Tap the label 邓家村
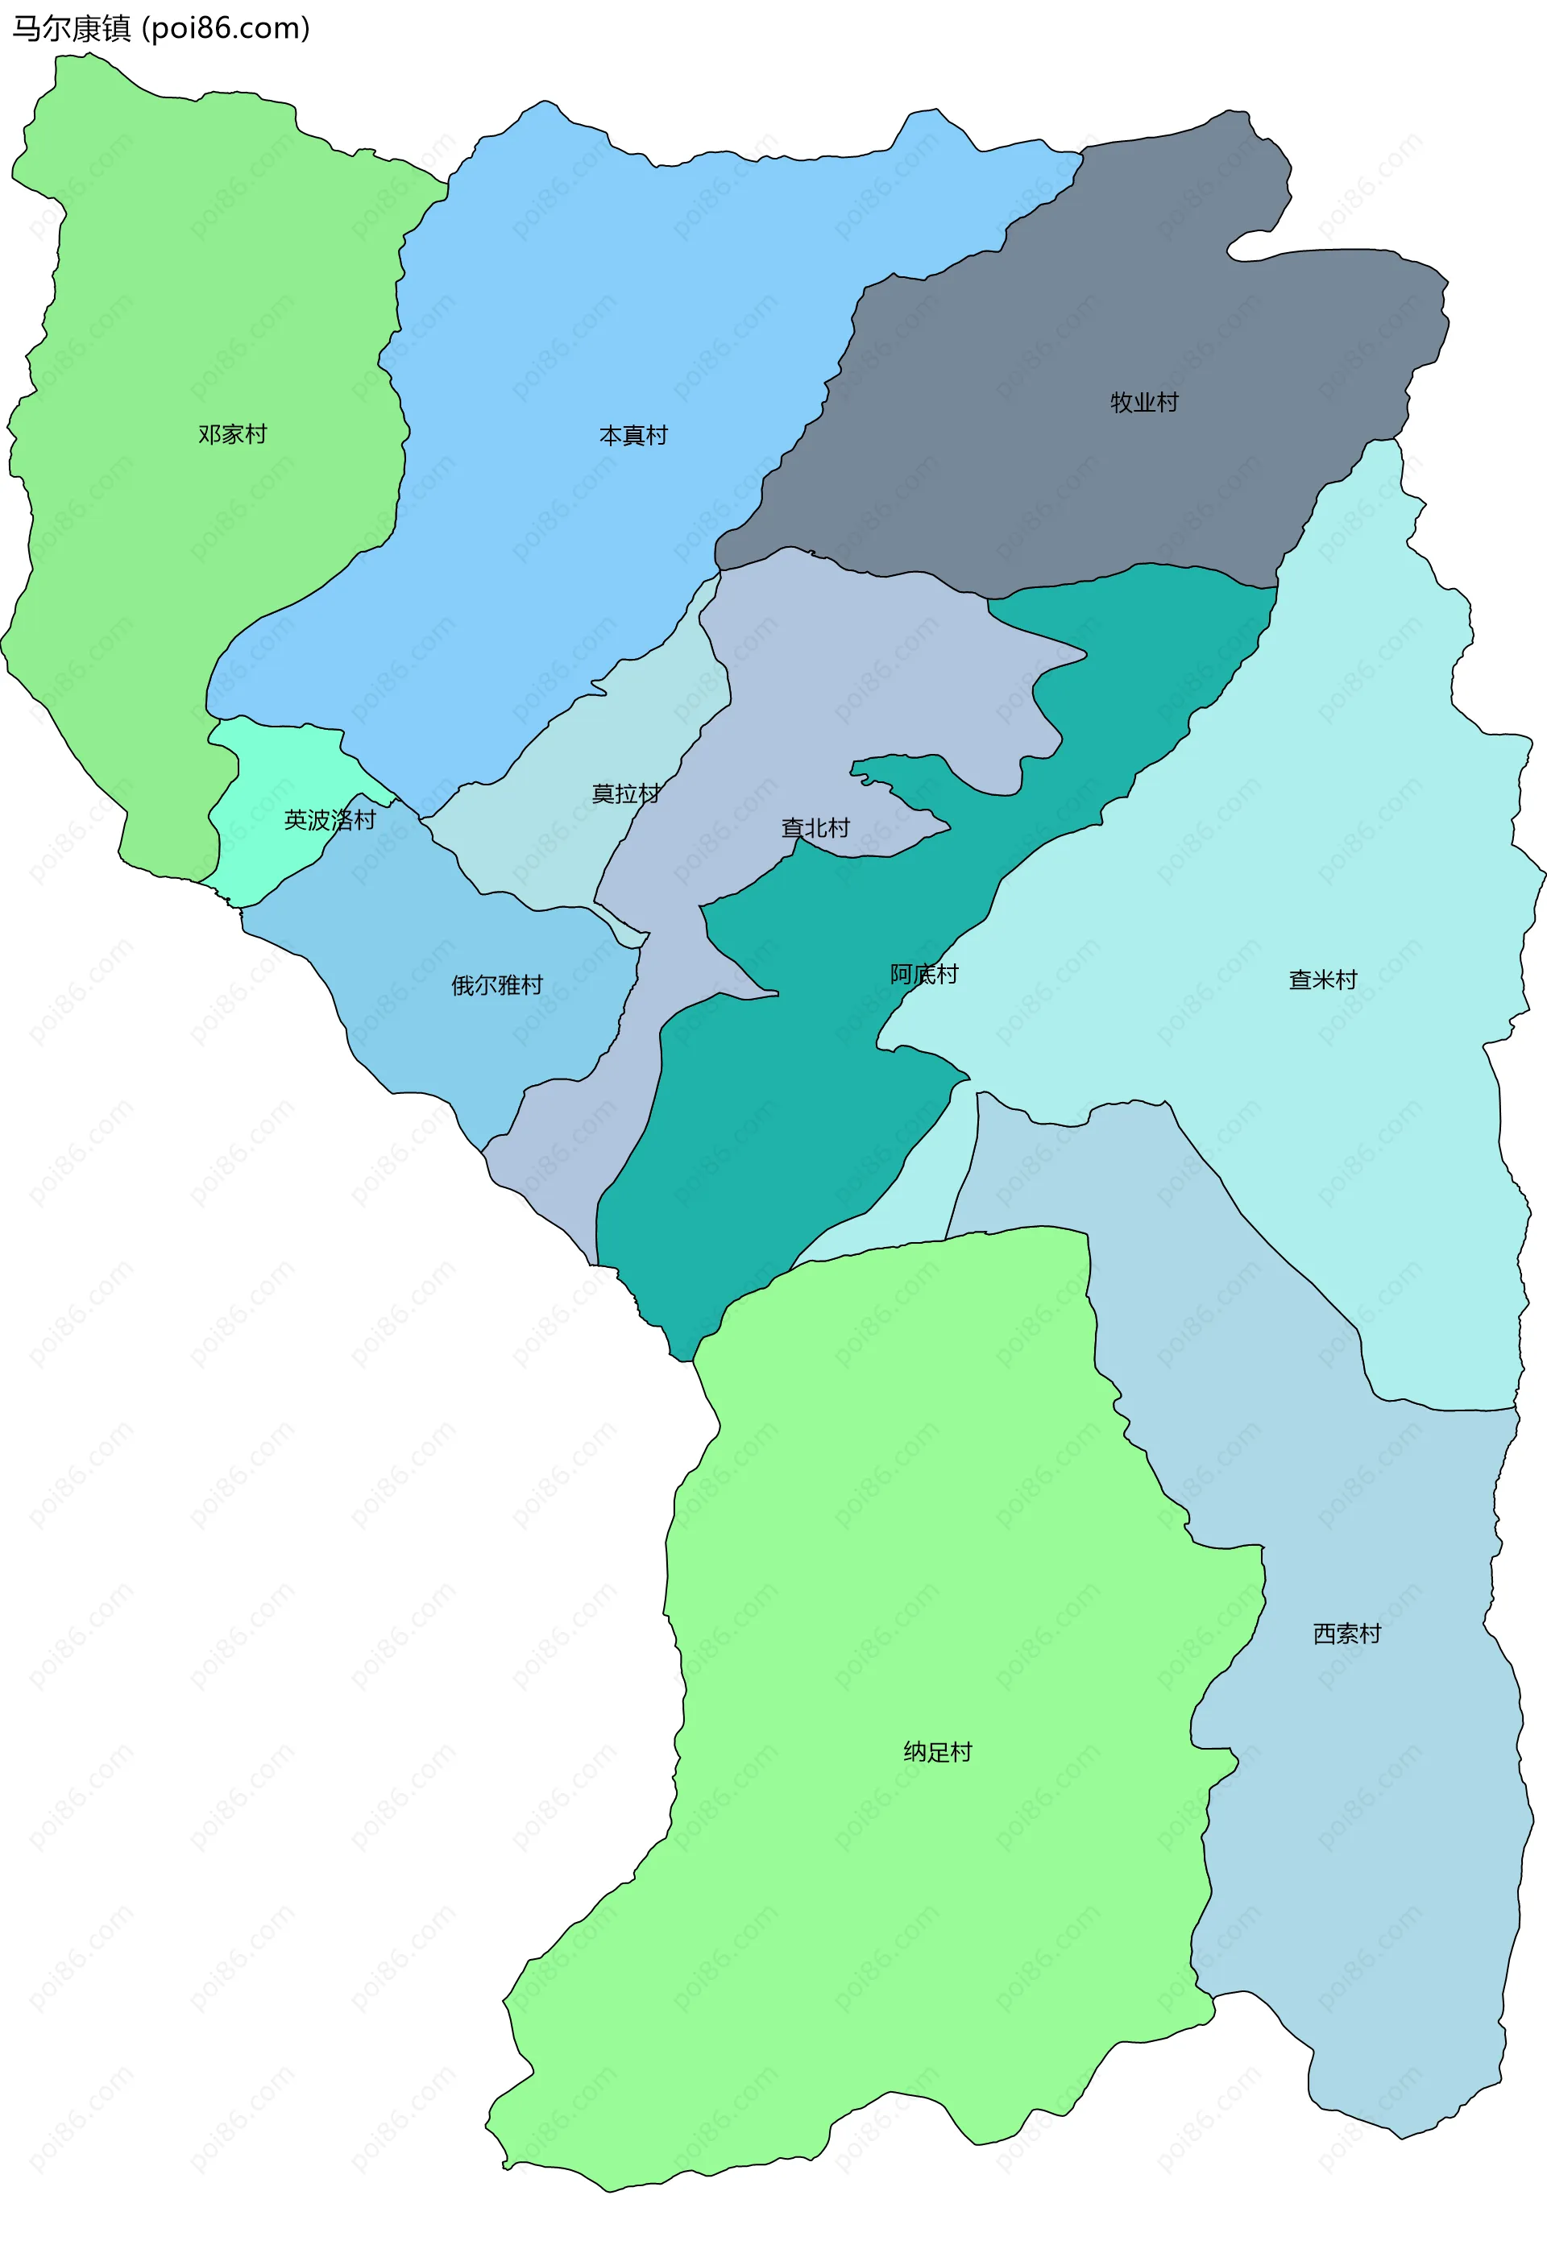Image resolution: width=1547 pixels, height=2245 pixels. click(x=233, y=434)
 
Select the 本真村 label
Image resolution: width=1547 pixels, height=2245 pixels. click(x=633, y=435)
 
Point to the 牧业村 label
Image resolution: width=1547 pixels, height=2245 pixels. click(x=1144, y=402)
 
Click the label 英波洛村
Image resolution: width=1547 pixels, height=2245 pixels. click(x=330, y=820)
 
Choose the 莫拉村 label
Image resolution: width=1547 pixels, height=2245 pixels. click(x=625, y=793)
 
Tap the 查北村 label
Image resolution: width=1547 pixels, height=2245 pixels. click(x=815, y=827)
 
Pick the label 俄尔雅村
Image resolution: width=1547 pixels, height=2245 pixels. click(x=497, y=985)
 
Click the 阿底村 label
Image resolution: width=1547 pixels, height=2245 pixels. click(x=923, y=974)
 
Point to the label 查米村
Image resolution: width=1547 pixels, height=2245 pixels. click(x=1322, y=980)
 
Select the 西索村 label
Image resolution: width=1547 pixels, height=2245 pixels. click(x=1346, y=1634)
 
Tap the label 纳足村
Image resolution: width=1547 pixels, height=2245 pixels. click(x=937, y=1752)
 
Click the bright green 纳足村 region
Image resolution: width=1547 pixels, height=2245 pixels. click(x=873, y=1551)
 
